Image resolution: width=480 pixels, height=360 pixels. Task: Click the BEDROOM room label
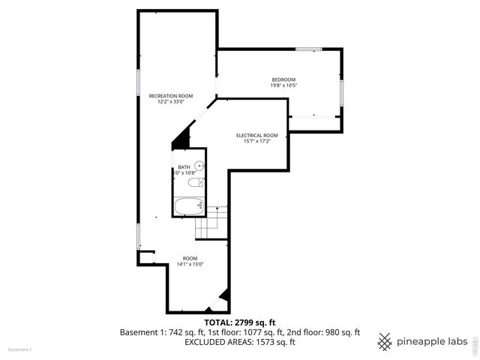point(283,79)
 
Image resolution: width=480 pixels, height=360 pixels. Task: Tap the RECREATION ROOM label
point(170,95)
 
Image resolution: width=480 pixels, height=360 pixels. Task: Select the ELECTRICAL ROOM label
point(256,135)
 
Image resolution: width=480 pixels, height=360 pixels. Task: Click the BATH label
point(184,167)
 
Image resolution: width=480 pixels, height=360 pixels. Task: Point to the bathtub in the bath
point(188,205)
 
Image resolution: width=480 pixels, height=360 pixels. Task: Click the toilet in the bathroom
point(194,183)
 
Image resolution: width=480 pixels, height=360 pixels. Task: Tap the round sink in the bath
point(199,166)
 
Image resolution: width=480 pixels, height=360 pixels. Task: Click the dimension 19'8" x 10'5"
point(283,85)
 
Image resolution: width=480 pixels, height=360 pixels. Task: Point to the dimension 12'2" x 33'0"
point(170,101)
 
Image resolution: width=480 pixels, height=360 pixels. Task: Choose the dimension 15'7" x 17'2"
point(256,141)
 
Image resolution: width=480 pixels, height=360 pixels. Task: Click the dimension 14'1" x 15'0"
point(190,264)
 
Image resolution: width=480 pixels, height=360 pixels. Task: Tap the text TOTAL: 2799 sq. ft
point(239,322)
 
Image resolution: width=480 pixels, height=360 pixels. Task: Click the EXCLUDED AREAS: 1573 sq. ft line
point(239,342)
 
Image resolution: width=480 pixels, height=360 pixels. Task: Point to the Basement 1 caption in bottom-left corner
point(20,350)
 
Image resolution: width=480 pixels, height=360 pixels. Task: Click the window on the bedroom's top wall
point(308,49)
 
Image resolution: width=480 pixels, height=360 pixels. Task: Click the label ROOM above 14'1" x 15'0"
point(190,258)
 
